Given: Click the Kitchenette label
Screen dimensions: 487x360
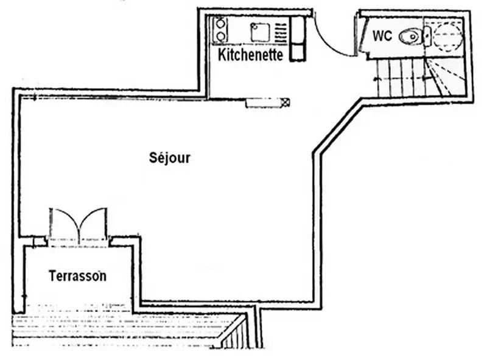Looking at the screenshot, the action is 250,55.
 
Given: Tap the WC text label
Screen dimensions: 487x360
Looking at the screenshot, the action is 382,36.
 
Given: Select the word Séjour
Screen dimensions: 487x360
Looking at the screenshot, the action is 170,158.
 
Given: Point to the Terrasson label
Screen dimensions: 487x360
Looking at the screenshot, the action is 78,276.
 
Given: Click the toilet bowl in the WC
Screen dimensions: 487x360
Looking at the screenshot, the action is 410,37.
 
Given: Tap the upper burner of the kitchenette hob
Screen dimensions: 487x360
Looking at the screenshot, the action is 220,24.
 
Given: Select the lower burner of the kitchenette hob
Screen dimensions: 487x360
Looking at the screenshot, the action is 221,37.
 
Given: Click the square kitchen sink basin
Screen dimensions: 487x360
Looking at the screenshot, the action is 260,32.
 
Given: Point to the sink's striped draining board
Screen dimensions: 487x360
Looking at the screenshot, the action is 281,33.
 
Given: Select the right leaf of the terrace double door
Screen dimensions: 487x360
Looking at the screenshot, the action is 93,221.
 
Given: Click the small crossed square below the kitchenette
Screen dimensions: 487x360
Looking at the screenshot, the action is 286,102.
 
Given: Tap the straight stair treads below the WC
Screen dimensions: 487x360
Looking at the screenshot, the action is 401,78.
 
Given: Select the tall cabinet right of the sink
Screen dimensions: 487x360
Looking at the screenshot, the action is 298,38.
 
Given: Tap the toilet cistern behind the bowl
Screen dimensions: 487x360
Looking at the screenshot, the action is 427,37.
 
